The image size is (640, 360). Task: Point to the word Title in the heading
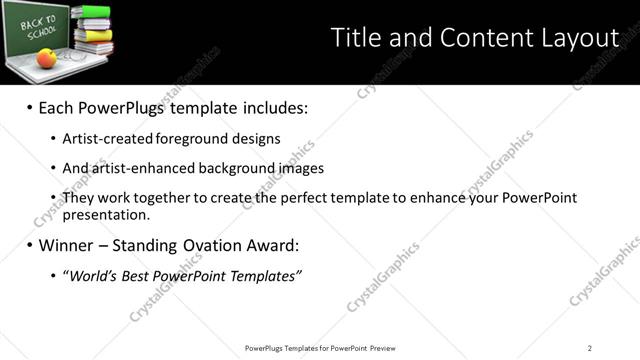point(355,39)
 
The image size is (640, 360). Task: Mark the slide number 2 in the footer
point(590,347)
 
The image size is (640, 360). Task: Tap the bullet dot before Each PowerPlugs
point(29,107)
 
